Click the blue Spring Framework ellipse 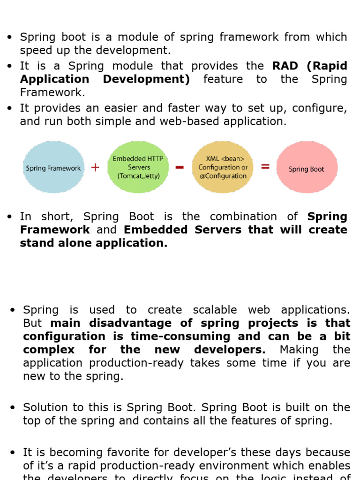pyautogui.click(x=53, y=167)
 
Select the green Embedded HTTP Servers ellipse pyautogui.click(x=138, y=167)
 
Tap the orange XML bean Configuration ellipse pyautogui.click(x=223, y=167)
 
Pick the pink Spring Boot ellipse pyautogui.click(x=307, y=168)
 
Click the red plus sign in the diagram pyautogui.click(x=95, y=167)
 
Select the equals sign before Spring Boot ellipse pyautogui.click(x=265, y=166)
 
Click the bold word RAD pyautogui.click(x=285, y=66)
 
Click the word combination pyautogui.click(x=243, y=217)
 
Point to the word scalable pyautogui.click(x=209, y=310)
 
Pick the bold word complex pyautogui.click(x=49, y=349)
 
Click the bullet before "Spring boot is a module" pyautogui.click(x=9, y=37)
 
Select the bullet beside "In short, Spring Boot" pyautogui.click(x=9, y=217)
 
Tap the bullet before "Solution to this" pyautogui.click(x=13, y=407)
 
